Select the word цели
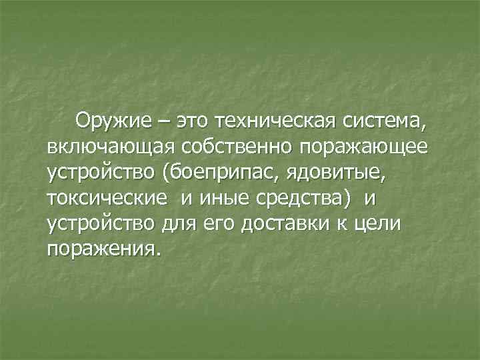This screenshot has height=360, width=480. [x=379, y=223]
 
